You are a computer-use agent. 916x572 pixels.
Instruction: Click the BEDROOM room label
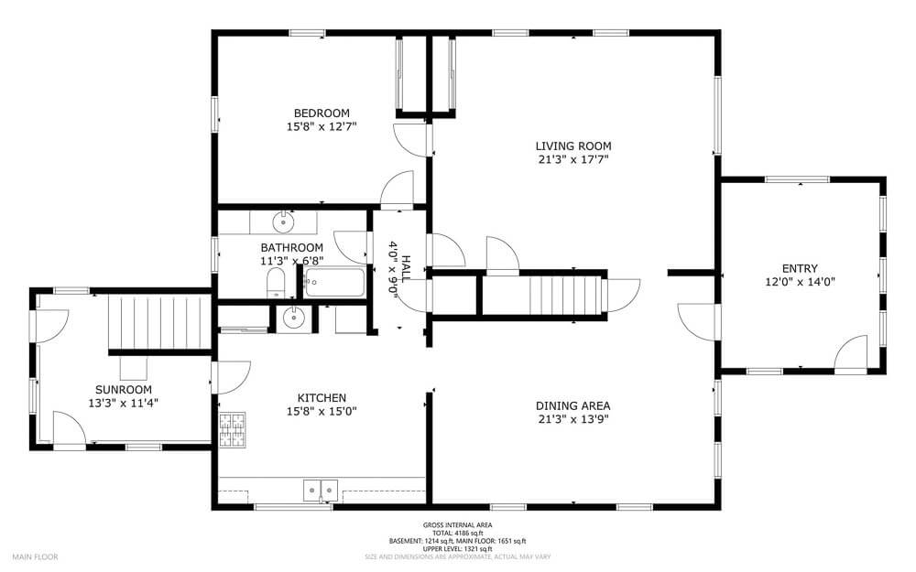(x=322, y=113)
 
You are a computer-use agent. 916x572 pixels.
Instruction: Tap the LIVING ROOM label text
(x=573, y=146)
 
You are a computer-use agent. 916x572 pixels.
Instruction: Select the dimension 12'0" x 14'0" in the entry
(x=800, y=282)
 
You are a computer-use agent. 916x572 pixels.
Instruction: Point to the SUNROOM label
(x=124, y=389)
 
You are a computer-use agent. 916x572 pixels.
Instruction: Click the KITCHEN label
(x=322, y=397)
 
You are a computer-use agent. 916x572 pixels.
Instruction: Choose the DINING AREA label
(x=573, y=405)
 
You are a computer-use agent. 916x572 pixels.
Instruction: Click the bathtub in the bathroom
(x=334, y=282)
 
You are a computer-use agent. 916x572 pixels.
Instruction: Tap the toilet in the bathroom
(x=276, y=283)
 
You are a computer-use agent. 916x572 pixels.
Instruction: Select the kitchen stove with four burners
(x=233, y=429)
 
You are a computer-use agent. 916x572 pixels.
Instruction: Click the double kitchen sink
(x=321, y=491)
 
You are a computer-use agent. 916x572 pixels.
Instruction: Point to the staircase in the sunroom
(x=158, y=321)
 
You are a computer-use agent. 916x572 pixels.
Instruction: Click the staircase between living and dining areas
(x=565, y=294)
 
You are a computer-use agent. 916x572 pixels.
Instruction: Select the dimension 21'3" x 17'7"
(x=573, y=159)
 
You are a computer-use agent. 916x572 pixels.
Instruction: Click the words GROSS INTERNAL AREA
(x=457, y=524)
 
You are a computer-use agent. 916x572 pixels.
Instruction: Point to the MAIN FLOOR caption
(x=35, y=556)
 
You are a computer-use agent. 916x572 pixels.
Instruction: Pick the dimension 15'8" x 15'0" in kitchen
(x=322, y=412)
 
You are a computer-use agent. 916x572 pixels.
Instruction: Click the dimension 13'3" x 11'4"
(x=124, y=403)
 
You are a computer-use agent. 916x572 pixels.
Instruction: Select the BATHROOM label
(x=291, y=247)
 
